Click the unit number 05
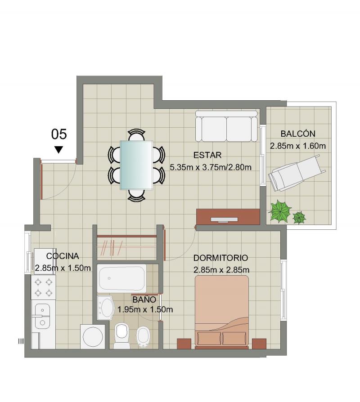[59, 134]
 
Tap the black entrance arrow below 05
[59, 149]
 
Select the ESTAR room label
[207, 155]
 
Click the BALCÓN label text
[298, 134]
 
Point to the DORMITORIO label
[220, 258]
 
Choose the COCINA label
[63, 256]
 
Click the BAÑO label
[144, 299]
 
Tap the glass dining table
[136, 165]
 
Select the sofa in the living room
[226, 126]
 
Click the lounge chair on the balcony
[297, 173]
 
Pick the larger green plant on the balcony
[280, 211]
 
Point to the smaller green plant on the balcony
[299, 217]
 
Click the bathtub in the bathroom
[121, 278]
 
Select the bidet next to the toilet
[143, 338]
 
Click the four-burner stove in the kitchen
[43, 287]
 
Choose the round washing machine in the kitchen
[93, 337]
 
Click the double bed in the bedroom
[222, 312]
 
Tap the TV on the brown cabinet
[224, 219]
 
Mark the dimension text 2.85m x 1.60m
[297, 146]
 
